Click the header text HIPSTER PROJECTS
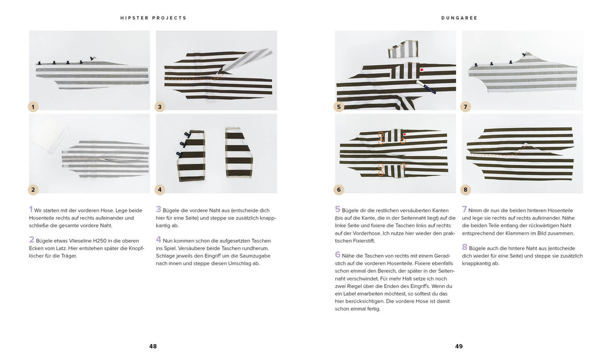[153, 18]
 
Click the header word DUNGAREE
[459, 18]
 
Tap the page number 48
[153, 346]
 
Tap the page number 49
[459, 346]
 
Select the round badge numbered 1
[33, 106]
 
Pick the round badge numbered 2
[33, 189]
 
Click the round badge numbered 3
[160, 106]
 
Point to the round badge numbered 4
[160, 189]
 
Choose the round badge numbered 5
[339, 106]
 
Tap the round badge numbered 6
[339, 189]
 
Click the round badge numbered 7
[466, 106]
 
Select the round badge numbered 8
[466, 189]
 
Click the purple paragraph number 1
[31, 209]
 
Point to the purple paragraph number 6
[337, 255]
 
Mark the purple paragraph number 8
[464, 247]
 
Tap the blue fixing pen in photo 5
[426, 86]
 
